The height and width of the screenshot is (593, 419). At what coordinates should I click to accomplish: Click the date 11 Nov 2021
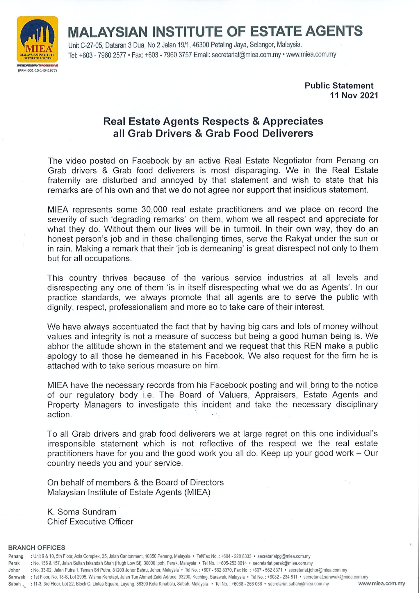point(354,95)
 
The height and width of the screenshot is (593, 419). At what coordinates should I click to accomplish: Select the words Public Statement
point(339,86)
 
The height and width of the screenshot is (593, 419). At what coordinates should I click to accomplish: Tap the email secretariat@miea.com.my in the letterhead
point(246,55)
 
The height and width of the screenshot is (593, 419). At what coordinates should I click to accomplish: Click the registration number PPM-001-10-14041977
point(38,70)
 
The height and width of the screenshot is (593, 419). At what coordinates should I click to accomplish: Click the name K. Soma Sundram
point(82,512)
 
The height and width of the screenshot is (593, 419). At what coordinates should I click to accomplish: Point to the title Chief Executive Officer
point(90,521)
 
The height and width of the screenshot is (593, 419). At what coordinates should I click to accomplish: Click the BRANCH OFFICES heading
point(37,548)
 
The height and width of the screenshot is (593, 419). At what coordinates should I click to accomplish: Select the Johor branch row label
point(14,570)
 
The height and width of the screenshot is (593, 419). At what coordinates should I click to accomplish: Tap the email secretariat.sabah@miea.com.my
point(298,584)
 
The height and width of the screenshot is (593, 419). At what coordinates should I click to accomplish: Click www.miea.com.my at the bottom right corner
point(381,583)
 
